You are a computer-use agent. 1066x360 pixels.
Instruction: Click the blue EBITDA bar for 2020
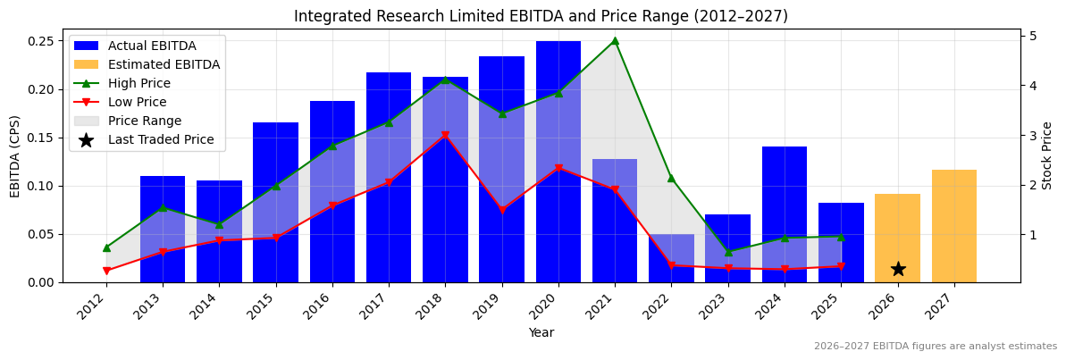[558, 162]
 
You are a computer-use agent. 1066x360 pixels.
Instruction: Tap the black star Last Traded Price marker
[898, 269]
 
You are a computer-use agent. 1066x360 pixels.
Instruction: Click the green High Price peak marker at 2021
[615, 40]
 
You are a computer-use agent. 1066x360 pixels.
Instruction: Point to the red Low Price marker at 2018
[445, 136]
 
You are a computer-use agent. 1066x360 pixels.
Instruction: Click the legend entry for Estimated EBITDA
[164, 64]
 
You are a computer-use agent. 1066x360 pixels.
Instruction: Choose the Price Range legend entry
[144, 121]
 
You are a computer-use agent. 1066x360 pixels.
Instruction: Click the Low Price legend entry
[138, 102]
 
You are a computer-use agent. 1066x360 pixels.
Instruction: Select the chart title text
[541, 16]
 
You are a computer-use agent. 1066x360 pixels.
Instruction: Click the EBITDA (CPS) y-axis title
[15, 155]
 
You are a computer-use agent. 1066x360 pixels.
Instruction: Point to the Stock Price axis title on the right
[1047, 155]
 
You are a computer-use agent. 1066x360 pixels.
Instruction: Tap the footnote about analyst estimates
[935, 347]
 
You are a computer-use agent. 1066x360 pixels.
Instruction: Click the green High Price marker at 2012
[106, 247]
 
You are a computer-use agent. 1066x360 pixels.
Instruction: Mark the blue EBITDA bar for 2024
[784, 214]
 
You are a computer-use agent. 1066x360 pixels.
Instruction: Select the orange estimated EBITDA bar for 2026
[897, 238]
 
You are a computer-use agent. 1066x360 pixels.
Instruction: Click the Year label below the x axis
[541, 332]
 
